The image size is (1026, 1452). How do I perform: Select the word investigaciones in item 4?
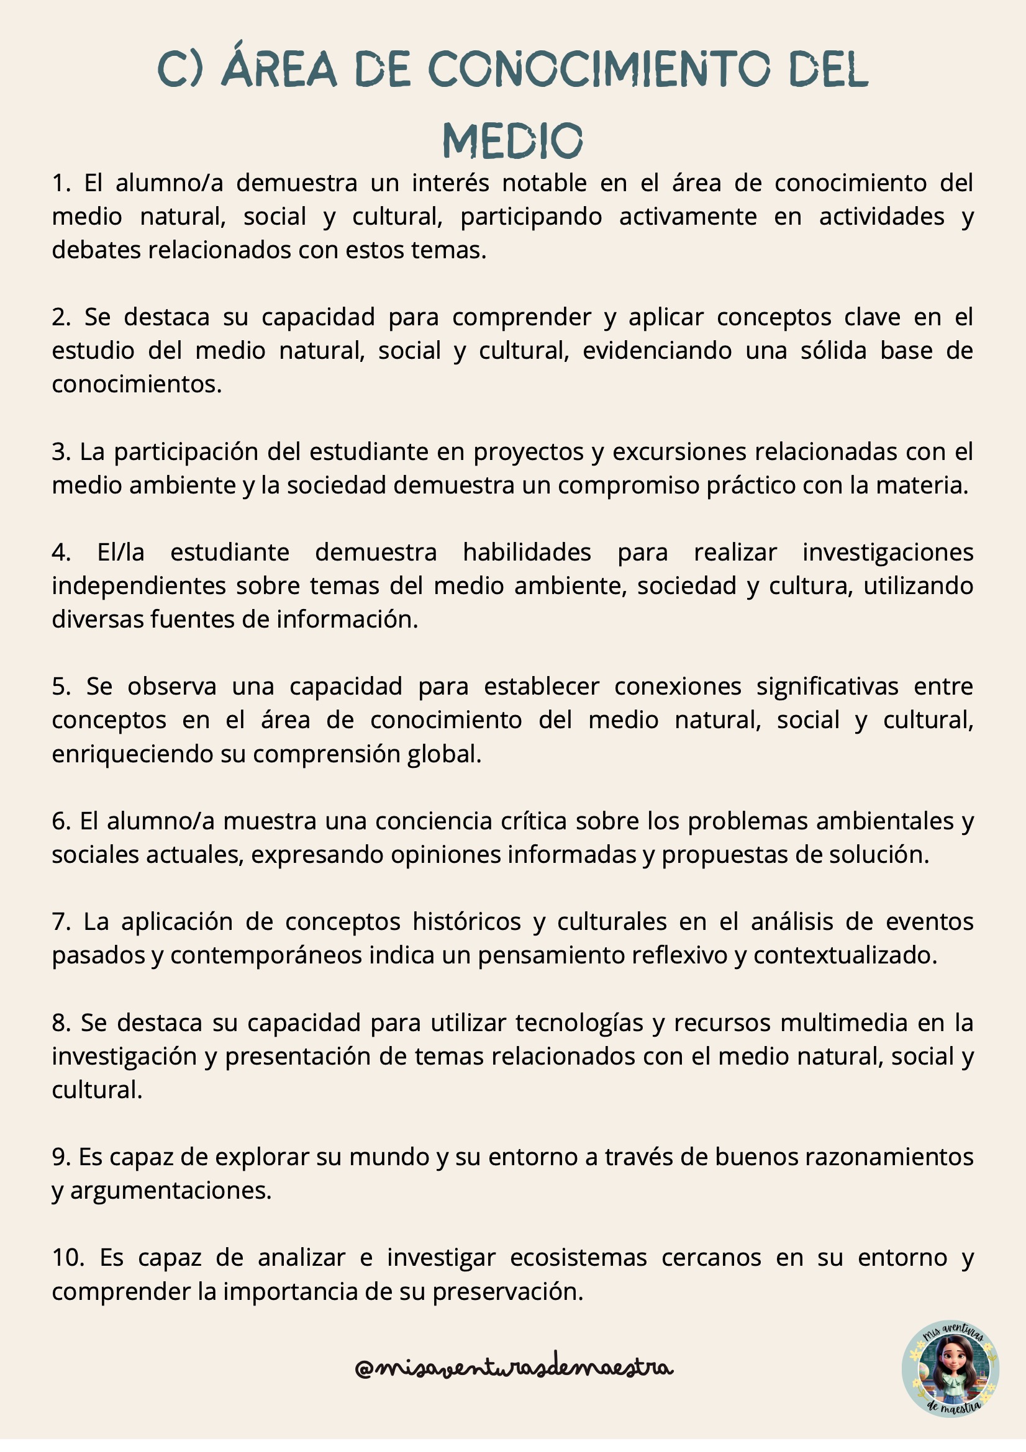[888, 552]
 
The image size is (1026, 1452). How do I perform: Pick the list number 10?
[67, 1258]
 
